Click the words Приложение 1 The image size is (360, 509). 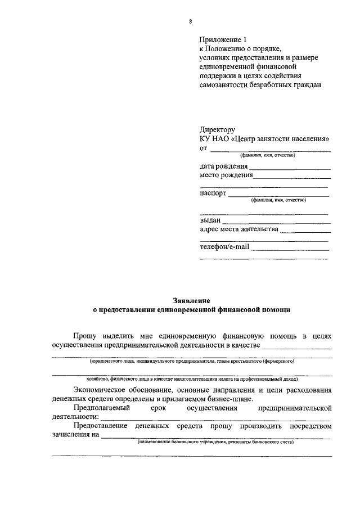pyautogui.click(x=223, y=40)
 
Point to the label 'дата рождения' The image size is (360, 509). pyautogui.click(x=223, y=166)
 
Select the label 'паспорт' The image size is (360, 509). pyautogui.click(x=213, y=193)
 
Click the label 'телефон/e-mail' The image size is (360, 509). pyautogui.click(x=224, y=247)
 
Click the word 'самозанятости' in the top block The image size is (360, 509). pyautogui.click(x=226, y=85)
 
